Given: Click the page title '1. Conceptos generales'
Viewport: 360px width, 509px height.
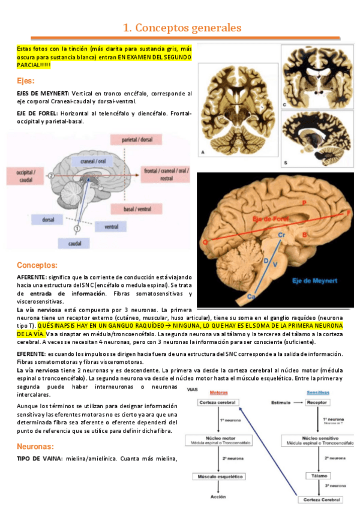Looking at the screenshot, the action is coord(182,28).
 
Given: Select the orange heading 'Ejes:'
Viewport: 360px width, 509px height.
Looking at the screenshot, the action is coord(26,80).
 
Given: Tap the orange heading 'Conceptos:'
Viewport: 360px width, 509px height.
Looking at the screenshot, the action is coord(37,265).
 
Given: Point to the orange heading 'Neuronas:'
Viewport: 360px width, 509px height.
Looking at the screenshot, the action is coord(35,447).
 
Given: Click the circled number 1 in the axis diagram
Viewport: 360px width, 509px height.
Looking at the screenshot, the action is coord(77,229).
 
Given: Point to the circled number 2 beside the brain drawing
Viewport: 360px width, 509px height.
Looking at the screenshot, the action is coord(52,175).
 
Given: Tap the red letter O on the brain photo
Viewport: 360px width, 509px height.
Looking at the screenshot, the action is coord(205,242).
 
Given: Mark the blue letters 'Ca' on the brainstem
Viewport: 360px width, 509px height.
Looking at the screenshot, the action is coord(252,297).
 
